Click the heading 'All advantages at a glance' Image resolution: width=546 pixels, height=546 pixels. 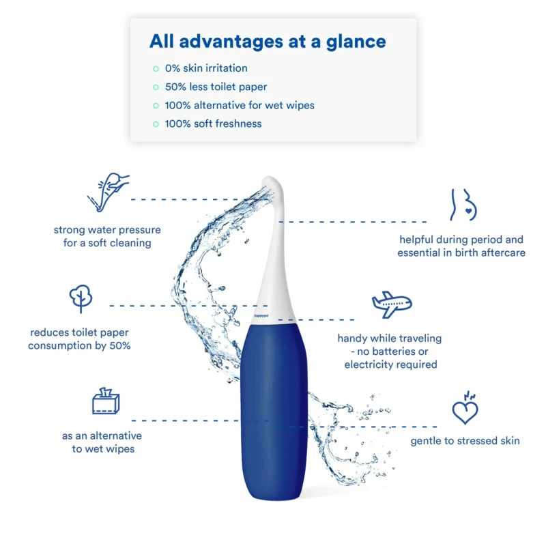pos(268,42)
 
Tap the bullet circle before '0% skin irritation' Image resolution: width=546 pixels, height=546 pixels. pos(156,69)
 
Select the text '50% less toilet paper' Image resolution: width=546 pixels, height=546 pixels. pos(216,87)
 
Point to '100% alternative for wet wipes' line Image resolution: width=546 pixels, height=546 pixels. pos(240,105)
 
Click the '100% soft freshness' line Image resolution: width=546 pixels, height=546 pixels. pos(213,124)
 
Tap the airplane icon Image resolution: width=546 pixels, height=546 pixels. pos(392,304)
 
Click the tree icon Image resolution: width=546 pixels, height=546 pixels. pos(81,299)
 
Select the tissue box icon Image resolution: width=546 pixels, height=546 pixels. pos(106,401)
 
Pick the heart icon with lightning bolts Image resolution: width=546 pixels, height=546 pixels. pos(465,407)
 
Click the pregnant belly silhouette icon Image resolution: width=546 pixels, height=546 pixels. pos(464,205)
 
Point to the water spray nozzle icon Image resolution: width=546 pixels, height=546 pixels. pos(109,192)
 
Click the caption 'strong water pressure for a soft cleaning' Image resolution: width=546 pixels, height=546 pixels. pos(107,236)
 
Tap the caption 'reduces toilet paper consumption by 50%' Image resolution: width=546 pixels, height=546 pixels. pos(79,339)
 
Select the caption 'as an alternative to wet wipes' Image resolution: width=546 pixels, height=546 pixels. pos(102,442)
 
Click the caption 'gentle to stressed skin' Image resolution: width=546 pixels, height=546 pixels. pos(465,441)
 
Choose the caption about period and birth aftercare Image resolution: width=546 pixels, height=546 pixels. pos(461,246)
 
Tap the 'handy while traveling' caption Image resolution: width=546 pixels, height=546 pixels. pos(390,351)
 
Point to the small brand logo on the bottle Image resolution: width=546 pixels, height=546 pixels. pos(261,316)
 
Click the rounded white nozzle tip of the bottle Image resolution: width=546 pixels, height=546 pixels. pos(273,184)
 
